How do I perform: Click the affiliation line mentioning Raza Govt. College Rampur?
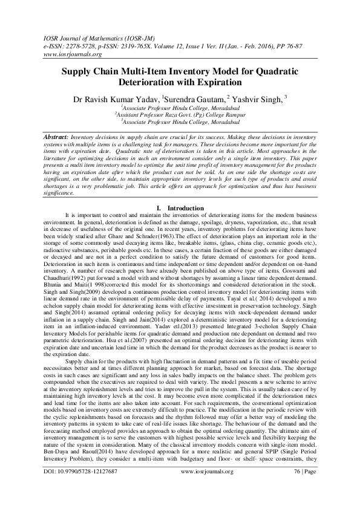179,113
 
